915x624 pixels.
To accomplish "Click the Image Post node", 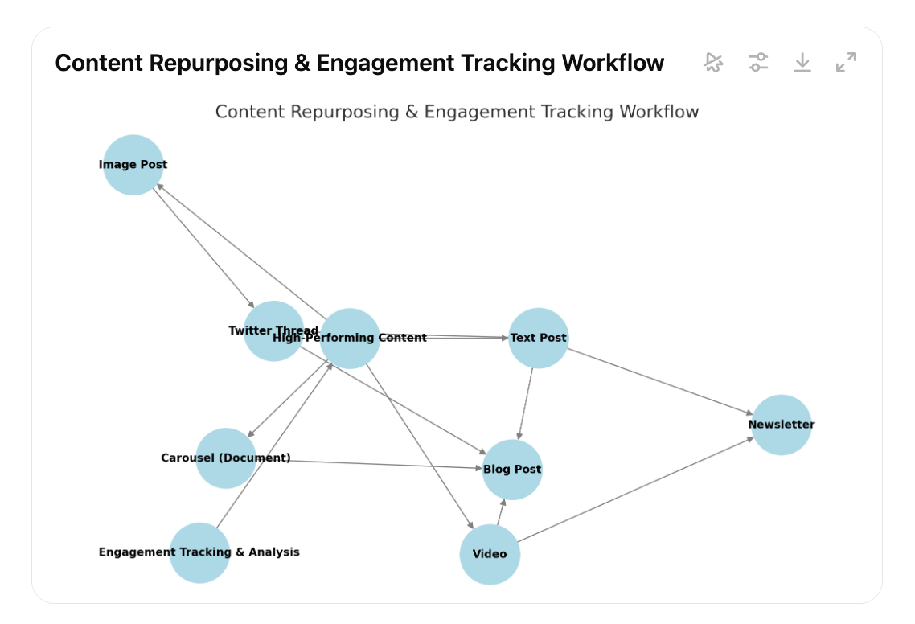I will pos(133,165).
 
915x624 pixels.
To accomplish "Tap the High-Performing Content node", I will pos(350,339).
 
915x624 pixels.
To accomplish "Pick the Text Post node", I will pos(539,338).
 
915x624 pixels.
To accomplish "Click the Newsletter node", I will pos(782,425).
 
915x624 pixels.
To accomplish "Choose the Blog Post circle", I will pos(512,470).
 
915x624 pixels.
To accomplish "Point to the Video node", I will pos(490,554).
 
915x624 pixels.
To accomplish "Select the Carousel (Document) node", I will pos(226,458).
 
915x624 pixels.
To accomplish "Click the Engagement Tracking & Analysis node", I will pos(199,552).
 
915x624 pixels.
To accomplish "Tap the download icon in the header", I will pos(802,63).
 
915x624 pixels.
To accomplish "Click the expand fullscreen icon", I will pos(846,63).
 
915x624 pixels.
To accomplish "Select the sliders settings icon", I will pos(757,63).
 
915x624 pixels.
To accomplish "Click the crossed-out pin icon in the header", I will pos(713,63).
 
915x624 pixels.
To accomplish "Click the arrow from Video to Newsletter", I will pos(635,490).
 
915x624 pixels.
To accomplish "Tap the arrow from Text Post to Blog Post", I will pos(526,404).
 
